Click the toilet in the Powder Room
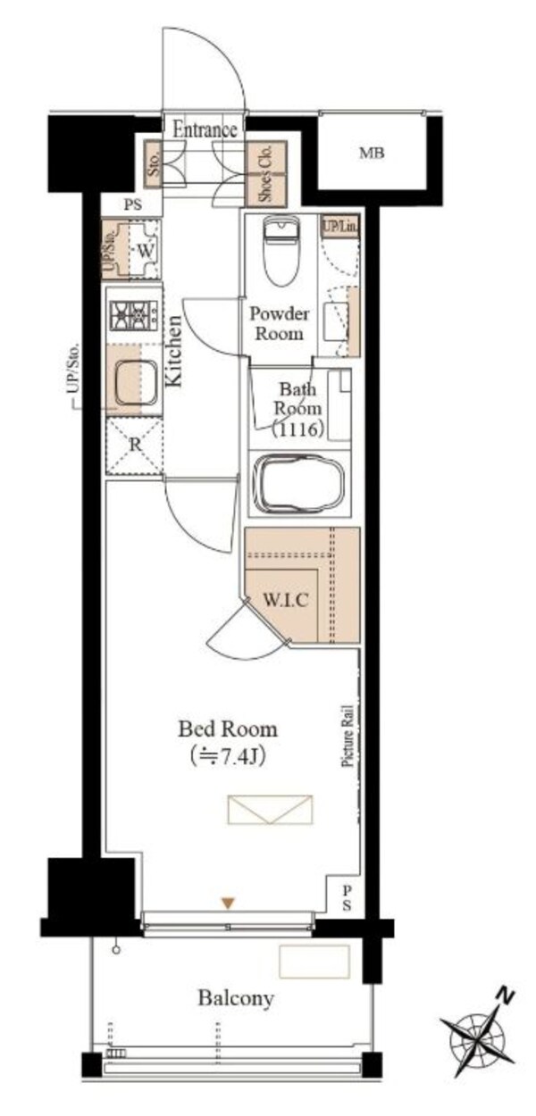281,250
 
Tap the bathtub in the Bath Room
298,483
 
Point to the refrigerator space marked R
135,446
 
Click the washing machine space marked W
145,250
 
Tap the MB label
372,154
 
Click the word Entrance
205,130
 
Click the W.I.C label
286,600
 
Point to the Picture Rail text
348,735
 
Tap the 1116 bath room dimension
298,429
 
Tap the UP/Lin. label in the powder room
340,227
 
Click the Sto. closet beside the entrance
153,164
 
